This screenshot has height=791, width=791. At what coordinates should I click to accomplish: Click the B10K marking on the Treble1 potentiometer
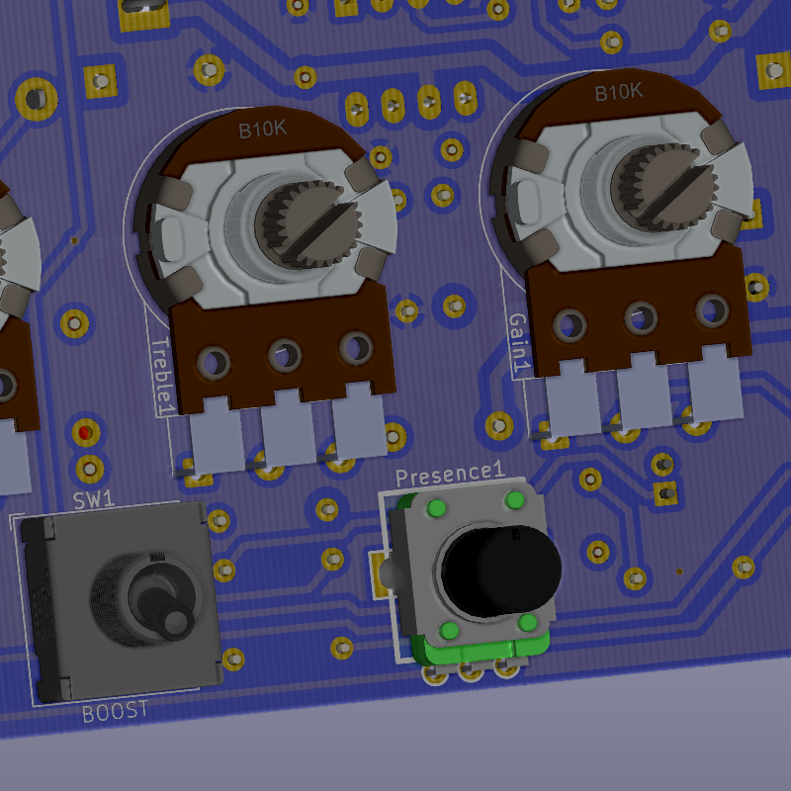point(262,130)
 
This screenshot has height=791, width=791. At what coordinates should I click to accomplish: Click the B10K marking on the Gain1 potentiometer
point(618,92)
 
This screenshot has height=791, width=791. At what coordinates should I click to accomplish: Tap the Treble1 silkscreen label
point(162,377)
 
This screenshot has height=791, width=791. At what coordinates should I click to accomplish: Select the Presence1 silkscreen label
point(450,475)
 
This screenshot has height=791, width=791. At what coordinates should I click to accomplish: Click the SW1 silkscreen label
point(94,500)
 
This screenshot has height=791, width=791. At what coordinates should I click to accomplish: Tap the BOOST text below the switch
point(115,712)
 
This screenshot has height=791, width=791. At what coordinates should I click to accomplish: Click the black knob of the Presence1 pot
point(501,570)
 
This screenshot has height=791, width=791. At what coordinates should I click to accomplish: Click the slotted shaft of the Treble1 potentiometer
point(308,224)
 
